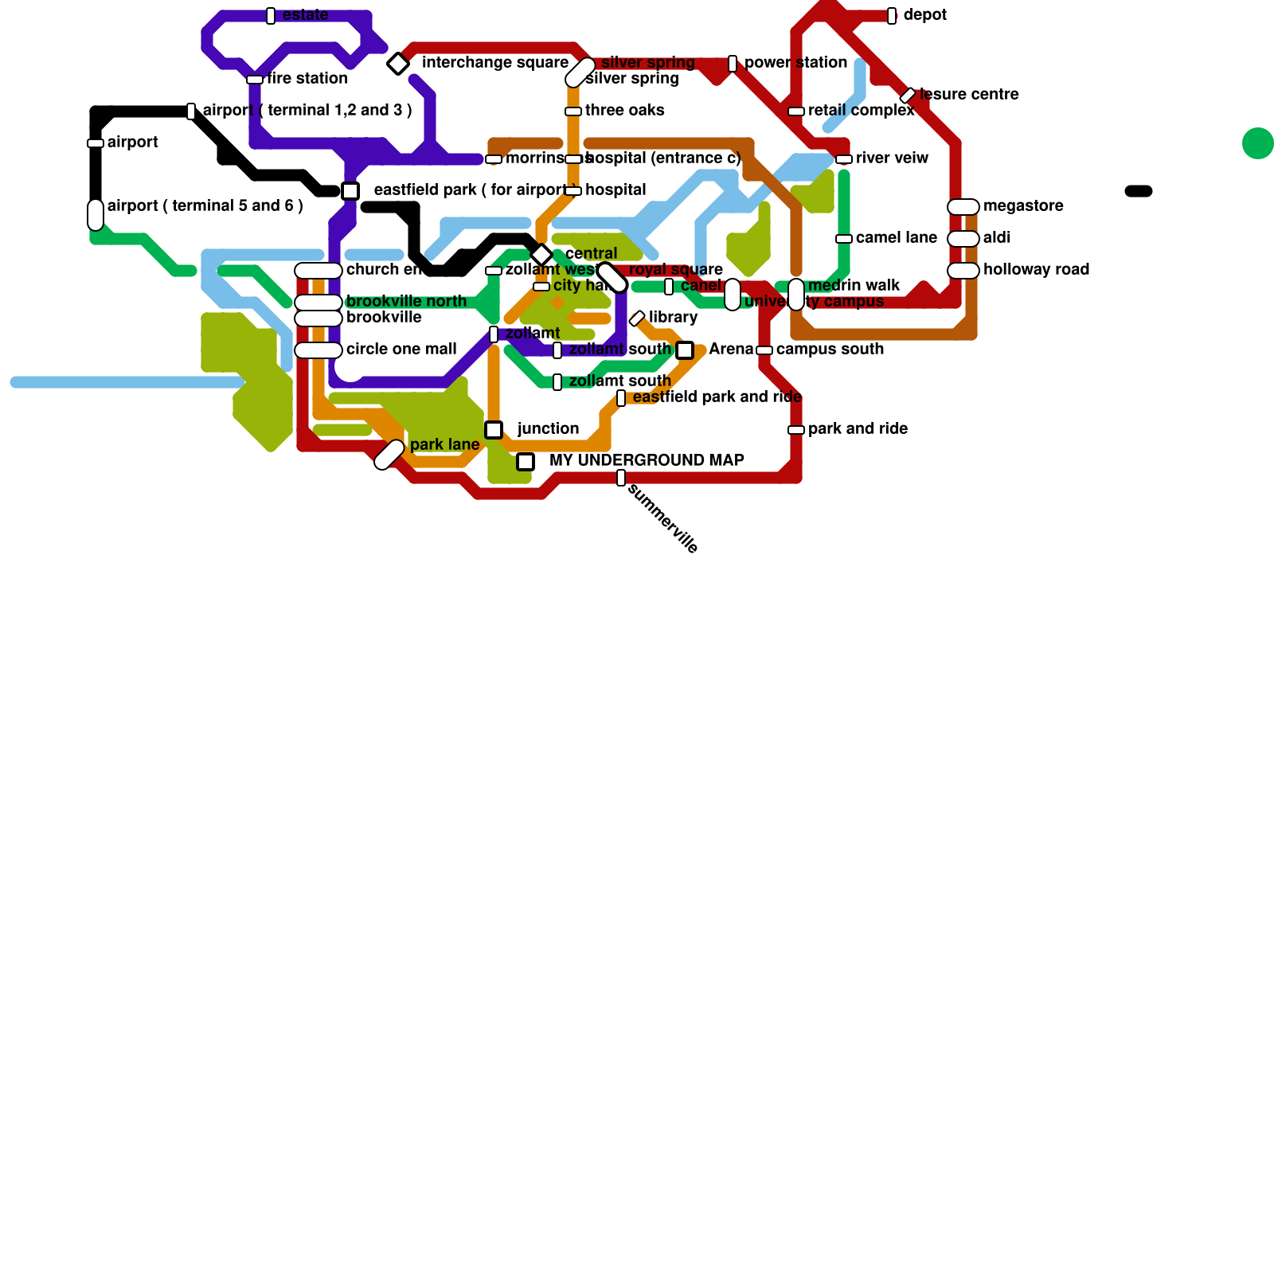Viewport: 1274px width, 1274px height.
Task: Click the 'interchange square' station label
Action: point(494,63)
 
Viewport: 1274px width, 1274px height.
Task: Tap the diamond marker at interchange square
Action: point(398,63)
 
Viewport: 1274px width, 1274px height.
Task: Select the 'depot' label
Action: point(925,15)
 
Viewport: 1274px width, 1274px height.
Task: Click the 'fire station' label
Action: point(307,79)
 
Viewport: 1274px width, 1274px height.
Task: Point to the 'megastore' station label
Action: point(1023,206)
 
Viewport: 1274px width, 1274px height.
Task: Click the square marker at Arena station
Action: point(685,350)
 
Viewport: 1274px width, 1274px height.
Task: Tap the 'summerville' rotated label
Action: point(662,518)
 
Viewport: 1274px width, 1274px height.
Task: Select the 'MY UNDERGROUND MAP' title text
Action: point(647,461)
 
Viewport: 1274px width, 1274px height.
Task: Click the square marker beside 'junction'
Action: point(494,430)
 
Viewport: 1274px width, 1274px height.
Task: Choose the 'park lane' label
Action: point(444,445)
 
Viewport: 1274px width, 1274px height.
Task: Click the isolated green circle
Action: point(1257,143)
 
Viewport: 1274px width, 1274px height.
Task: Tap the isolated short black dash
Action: point(1139,191)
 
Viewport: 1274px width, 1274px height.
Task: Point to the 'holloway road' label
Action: point(1036,270)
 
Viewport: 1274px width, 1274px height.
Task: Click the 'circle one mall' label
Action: point(401,350)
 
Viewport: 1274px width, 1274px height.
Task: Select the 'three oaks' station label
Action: point(624,111)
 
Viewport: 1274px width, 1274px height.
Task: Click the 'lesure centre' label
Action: point(969,95)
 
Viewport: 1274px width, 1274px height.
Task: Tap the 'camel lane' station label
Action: point(896,238)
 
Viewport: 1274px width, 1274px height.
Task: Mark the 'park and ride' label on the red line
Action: point(858,429)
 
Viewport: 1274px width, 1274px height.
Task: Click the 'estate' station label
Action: point(305,15)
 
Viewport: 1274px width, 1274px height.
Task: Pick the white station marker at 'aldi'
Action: point(963,239)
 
